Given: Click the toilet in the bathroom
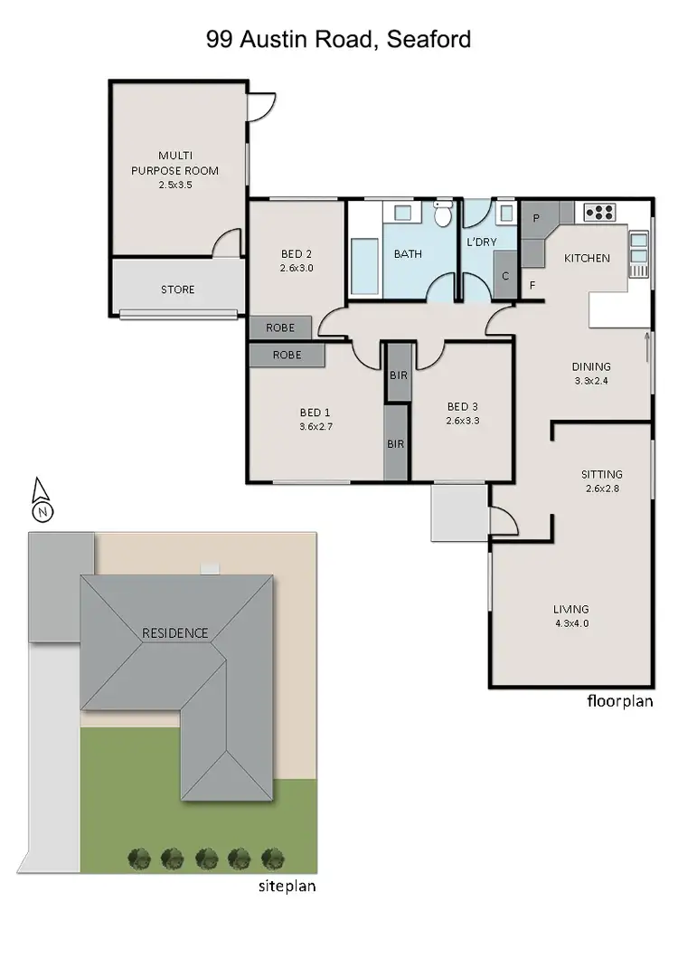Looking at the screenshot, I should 443,215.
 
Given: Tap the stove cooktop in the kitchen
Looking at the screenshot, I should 599,213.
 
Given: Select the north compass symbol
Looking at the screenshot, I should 41,500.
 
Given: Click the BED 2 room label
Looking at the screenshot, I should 296,254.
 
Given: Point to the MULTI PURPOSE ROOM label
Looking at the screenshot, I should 175,169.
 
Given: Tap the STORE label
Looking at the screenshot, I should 177,290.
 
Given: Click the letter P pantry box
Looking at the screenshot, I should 535,218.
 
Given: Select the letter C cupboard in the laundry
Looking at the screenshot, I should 505,276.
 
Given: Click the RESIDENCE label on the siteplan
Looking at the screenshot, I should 174,633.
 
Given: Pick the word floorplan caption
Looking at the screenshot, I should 619,700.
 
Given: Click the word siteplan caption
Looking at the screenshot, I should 287,887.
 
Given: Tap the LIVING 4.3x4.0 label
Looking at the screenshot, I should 570,615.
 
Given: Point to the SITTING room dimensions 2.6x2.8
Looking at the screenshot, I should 602,489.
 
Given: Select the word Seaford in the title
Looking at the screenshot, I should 431,40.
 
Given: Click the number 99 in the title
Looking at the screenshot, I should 219,40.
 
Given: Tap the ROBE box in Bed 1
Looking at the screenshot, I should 287,356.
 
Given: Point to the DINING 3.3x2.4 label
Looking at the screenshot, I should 591,373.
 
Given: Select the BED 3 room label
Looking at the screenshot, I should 460,413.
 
